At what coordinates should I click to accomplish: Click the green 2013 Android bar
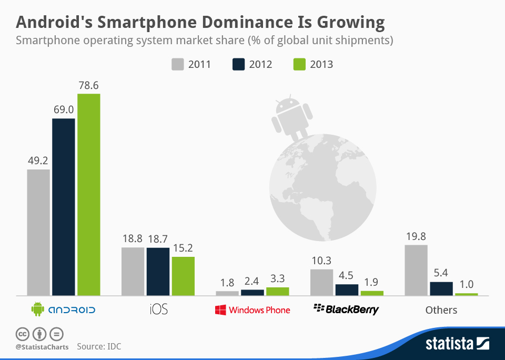coord(88,195)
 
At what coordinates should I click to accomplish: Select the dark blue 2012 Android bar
coord(63,207)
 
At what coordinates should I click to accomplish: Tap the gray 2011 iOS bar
coord(133,271)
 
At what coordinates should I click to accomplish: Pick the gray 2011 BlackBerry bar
coord(321,282)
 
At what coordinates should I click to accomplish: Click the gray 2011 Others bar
coord(416,270)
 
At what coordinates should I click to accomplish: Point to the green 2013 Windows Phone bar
coord(277,291)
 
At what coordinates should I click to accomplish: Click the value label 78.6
coord(88,85)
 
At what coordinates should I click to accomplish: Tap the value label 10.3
coord(321,261)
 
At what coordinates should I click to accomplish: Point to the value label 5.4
coord(441,273)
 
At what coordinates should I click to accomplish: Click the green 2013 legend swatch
coord(299,64)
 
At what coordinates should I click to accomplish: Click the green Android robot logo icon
coord(37,309)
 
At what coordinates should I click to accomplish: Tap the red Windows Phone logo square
coord(220,309)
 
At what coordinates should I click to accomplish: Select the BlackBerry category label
coord(346,309)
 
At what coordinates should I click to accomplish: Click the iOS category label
coord(158,309)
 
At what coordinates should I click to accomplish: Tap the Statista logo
coord(457,344)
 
